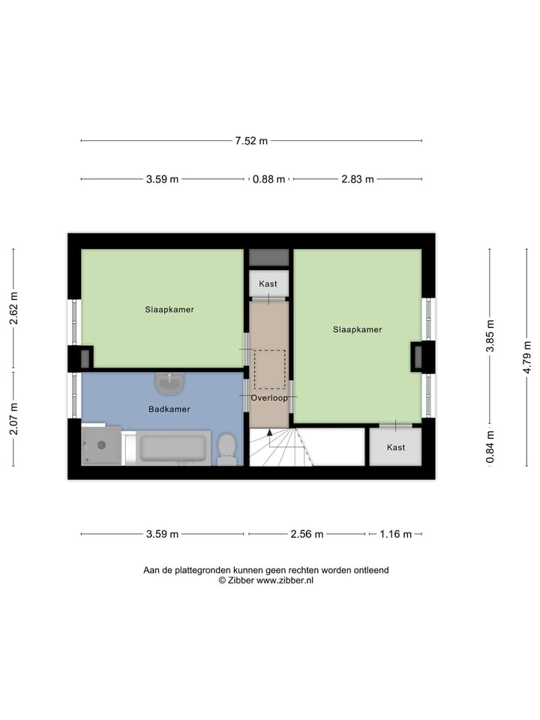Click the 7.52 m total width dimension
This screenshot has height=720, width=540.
click(252, 140)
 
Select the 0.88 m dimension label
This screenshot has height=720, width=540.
click(268, 179)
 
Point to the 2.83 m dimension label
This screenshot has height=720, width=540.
click(357, 179)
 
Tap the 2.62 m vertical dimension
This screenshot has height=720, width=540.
click(13, 307)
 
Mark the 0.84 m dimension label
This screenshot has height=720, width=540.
click(490, 445)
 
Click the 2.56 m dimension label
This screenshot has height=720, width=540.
click(307, 534)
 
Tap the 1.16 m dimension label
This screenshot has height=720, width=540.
click(395, 534)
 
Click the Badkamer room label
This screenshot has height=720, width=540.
click(169, 409)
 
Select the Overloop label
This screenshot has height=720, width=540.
click(269, 398)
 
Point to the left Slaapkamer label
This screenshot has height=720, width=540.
click(169, 309)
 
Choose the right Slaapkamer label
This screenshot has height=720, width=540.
click(358, 329)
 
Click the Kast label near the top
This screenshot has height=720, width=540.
click(268, 284)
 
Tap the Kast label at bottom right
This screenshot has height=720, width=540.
click(395, 447)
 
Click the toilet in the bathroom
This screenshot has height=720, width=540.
click(226, 450)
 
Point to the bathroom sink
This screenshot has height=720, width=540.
click(170, 383)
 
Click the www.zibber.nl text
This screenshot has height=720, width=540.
click(285, 580)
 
